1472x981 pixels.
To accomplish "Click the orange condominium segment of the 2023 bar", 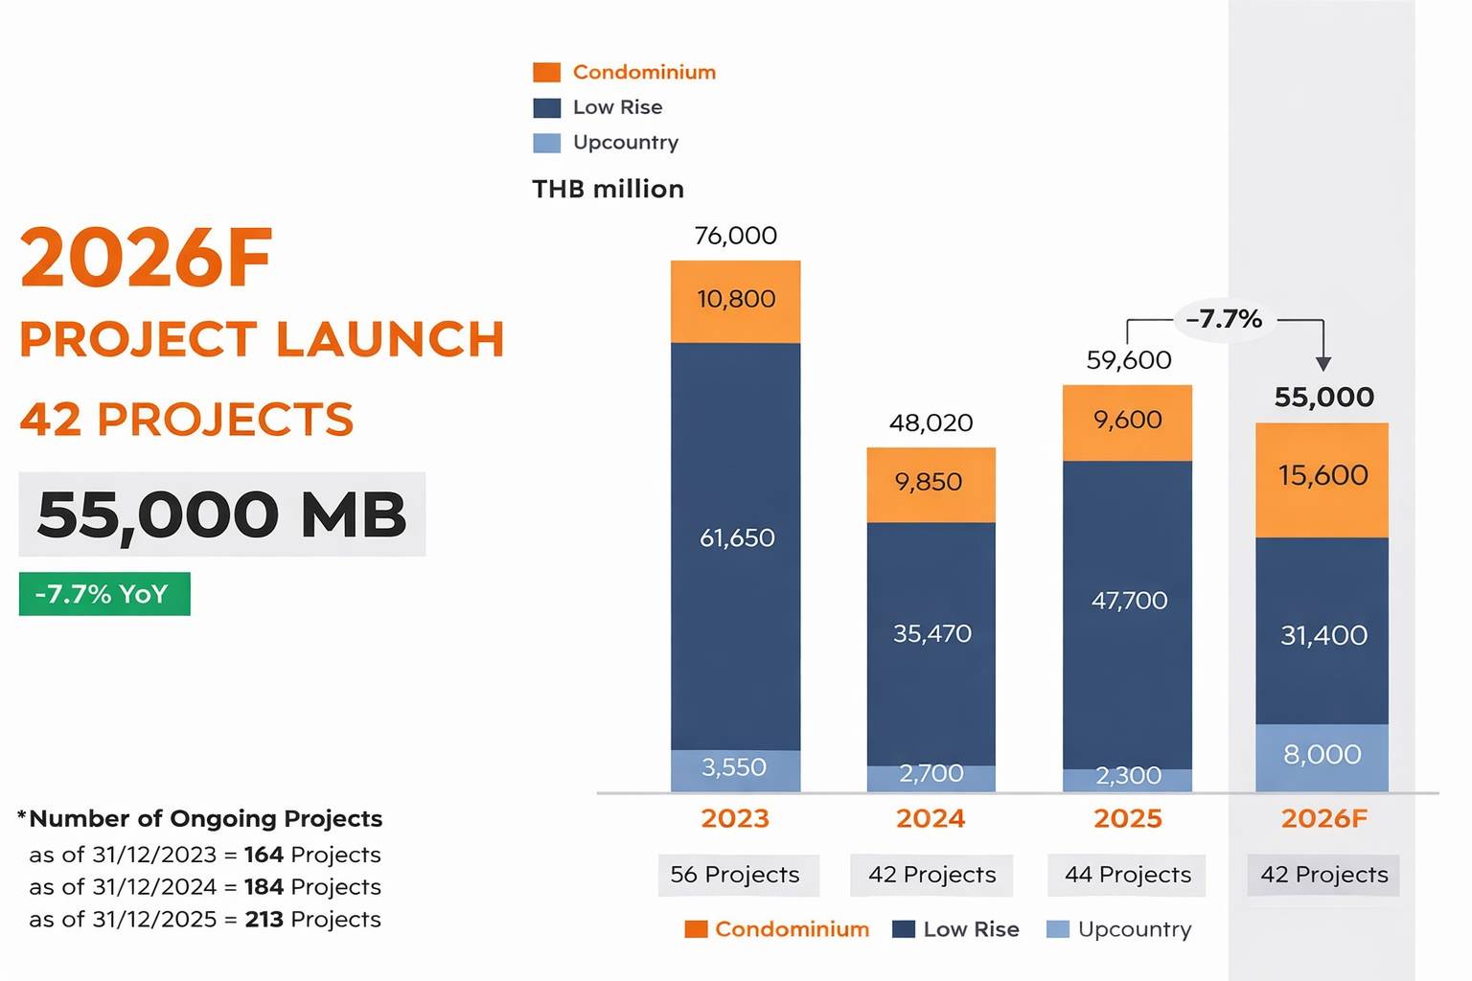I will pos(735,301).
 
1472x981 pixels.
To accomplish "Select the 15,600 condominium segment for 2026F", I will pos(1322,478).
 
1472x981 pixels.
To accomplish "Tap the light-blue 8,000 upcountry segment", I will pos(1322,756).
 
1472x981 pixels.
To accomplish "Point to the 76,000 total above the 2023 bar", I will pos(735,236).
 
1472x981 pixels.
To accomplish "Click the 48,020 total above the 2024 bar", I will pos(931,422).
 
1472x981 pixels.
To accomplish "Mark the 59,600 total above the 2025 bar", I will pos(1128,360).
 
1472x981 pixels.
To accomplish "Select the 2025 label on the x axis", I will pos(1127,819).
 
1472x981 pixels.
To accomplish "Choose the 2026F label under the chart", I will pos(1323,819).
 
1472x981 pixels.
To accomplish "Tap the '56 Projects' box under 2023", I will pos(735,875).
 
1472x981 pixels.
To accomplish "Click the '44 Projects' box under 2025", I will pos(1127,875).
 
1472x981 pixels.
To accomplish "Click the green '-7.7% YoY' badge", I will pos(103,594).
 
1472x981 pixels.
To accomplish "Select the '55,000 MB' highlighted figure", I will pos(221,514).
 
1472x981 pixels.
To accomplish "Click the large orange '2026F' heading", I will pos(147,258).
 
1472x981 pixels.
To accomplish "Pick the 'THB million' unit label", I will pos(608,189).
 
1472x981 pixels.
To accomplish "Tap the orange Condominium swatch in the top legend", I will pos(546,73).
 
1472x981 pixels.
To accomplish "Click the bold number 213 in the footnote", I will pos(264,920).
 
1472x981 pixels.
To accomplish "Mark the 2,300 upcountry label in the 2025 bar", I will pos(1128,776).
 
